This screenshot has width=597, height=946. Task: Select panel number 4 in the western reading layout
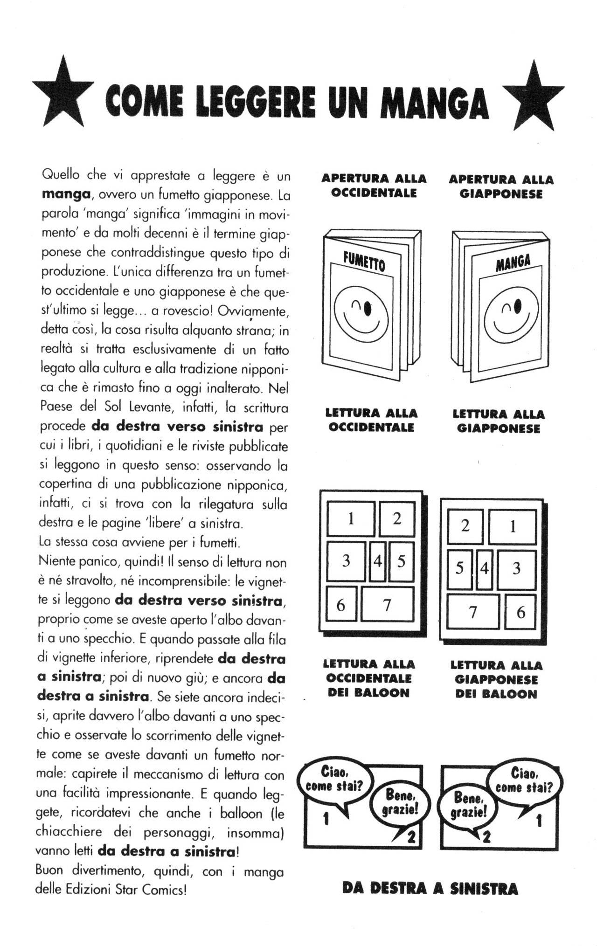pos(377,561)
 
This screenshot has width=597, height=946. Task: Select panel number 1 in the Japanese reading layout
pos(512,527)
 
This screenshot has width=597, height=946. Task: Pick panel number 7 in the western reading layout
pos(387,605)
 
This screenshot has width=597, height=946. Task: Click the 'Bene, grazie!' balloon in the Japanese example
pos(470,808)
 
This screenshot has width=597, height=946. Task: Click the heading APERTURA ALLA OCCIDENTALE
pos(374,186)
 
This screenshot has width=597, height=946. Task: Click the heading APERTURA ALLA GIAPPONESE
pos(501,186)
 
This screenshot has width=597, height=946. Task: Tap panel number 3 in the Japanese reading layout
pos(516,569)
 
